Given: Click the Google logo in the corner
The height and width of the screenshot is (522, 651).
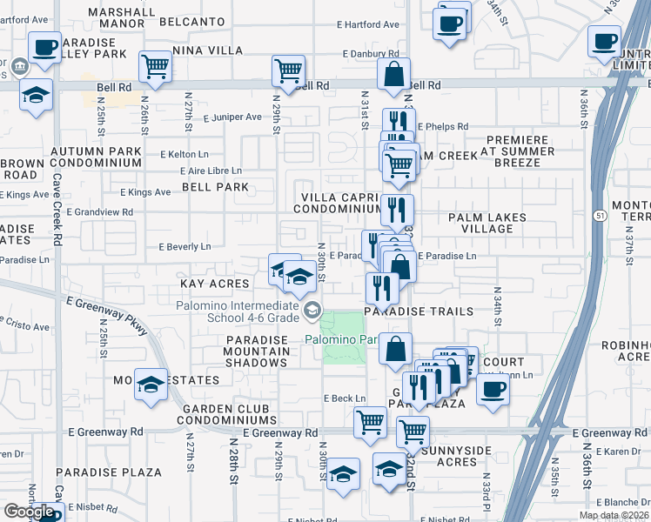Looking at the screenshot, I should [x=30, y=512].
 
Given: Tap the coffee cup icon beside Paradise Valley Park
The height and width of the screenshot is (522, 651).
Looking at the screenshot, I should [x=44, y=47].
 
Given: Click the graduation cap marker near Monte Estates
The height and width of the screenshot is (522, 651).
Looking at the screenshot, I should [x=151, y=383].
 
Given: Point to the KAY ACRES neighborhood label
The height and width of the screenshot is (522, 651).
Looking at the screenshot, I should [x=214, y=284].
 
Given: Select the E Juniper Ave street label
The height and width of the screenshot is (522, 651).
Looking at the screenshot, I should [x=232, y=117].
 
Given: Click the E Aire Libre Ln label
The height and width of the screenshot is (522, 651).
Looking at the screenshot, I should [x=202, y=171].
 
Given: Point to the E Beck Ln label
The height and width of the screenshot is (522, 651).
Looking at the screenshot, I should [x=345, y=398].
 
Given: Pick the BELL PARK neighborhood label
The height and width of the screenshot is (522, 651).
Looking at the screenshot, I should [x=215, y=187].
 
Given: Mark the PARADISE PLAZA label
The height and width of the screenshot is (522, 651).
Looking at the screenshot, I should [x=109, y=472].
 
